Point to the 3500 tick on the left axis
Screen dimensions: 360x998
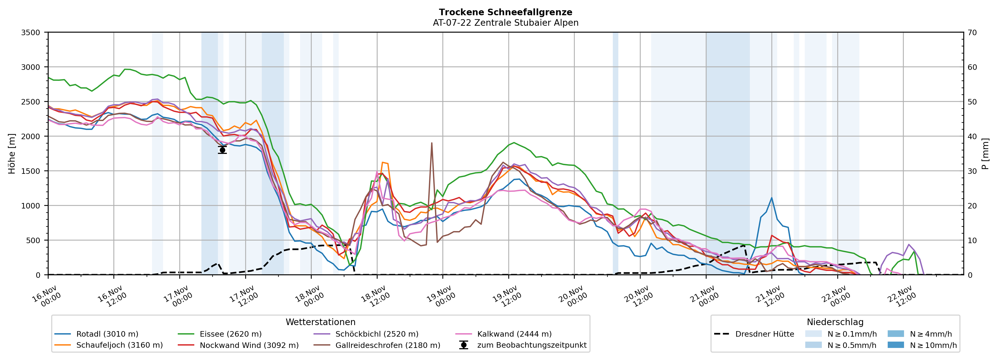coord(31,33)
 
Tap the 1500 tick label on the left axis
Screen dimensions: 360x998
coord(31,171)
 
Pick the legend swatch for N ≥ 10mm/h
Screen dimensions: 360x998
coord(895,345)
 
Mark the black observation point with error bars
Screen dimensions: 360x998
coord(222,150)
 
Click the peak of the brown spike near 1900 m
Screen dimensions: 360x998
coord(432,143)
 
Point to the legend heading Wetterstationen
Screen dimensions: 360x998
coord(320,322)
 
